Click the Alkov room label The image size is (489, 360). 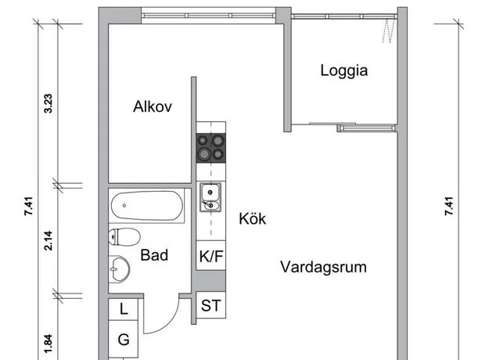tap(153, 106)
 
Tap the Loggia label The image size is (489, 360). tap(344, 70)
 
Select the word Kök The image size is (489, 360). tap(252, 218)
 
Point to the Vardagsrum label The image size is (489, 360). tap(323, 268)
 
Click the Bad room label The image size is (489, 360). tap(154, 255)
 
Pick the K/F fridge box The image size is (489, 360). tap(210, 255)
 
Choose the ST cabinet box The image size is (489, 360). tap(210, 305)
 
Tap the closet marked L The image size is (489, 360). tap(123, 309)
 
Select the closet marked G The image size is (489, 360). tap(123, 339)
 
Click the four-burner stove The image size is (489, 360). tap(210, 148)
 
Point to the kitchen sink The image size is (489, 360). tap(210, 197)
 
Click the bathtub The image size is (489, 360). tap(147, 206)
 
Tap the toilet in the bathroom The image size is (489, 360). tap(124, 237)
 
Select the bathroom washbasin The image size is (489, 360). tap(119, 269)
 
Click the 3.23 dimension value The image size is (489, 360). tap(49, 103)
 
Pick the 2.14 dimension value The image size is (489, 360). tap(49, 240)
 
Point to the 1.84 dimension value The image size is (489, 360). tap(49, 344)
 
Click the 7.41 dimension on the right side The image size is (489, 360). tap(449, 206)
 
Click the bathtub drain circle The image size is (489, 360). tap(124, 206)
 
